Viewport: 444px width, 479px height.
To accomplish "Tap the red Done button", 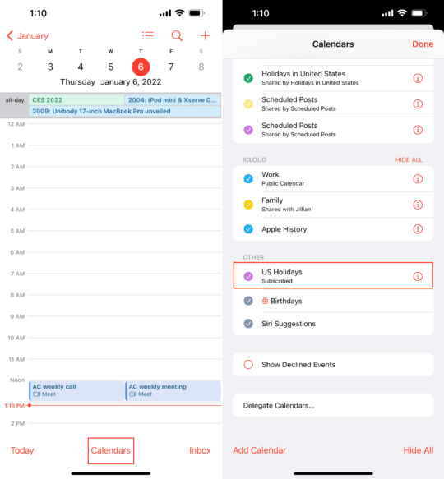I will pyautogui.click(x=423, y=44).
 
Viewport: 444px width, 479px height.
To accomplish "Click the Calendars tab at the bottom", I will pyautogui.click(x=110, y=450).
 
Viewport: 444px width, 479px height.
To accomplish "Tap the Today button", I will pyautogui.click(x=22, y=450).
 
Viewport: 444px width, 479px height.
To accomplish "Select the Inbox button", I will pyautogui.click(x=200, y=450).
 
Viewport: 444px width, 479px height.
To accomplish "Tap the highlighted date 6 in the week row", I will pyautogui.click(x=141, y=67).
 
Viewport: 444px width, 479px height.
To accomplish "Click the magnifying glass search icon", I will pyautogui.click(x=177, y=35).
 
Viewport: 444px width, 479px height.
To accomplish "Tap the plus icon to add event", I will pyautogui.click(x=205, y=35).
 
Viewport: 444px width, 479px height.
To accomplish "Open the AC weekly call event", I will pyautogui.click(x=76, y=390).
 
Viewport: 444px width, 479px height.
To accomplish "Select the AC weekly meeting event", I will pyautogui.click(x=173, y=390).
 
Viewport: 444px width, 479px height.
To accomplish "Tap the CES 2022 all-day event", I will pyautogui.click(x=76, y=100).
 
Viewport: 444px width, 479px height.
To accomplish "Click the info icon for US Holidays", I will pyautogui.click(x=418, y=276).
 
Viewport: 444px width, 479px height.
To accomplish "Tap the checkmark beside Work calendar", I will pyautogui.click(x=248, y=178).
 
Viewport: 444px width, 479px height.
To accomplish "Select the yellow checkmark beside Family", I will pyautogui.click(x=248, y=204).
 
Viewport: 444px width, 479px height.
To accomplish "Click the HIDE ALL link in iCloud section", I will pyautogui.click(x=409, y=160).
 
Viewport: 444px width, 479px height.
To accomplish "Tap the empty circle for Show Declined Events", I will pyautogui.click(x=248, y=365).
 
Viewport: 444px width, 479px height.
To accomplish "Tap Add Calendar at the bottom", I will pyautogui.click(x=260, y=450).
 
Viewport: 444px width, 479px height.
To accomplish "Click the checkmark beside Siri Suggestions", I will pyautogui.click(x=248, y=324).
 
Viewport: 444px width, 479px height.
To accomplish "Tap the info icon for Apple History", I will pyautogui.click(x=418, y=229).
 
